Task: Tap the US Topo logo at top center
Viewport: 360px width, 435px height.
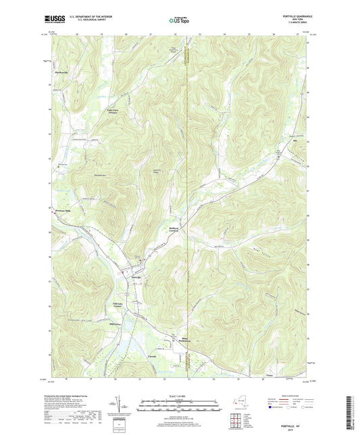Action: click(x=179, y=21)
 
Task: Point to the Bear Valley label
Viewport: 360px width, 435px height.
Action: click(x=267, y=255)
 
